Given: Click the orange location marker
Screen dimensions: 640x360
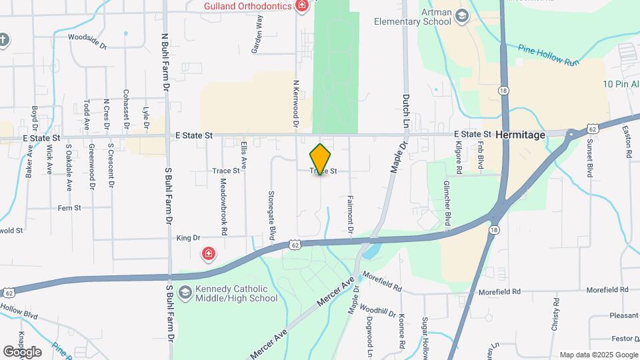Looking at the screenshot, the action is coord(320,159).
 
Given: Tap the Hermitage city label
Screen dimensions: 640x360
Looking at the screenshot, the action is coord(521,135).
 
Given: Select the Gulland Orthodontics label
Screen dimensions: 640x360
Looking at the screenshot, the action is coord(248,6).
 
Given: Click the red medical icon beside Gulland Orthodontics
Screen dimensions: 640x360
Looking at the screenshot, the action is coord(302,6).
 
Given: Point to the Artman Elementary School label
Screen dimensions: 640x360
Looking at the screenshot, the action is coord(412,17).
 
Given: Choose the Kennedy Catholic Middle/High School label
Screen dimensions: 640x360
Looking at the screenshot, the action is coord(227,293).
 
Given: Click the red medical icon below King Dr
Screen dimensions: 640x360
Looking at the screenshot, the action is coord(209,253).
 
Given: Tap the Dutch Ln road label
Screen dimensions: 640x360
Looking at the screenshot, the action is coord(405,111).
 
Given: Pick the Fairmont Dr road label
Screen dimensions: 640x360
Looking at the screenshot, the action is coord(350,215).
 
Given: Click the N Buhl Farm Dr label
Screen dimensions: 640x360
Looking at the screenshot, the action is coord(164,63).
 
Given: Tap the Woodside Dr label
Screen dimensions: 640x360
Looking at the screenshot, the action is coord(87,42).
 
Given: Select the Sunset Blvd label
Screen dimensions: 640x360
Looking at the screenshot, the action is coord(590,158).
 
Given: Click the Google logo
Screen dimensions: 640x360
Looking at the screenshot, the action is coord(22,351).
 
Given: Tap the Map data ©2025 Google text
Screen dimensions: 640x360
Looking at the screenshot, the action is coord(598,355).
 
